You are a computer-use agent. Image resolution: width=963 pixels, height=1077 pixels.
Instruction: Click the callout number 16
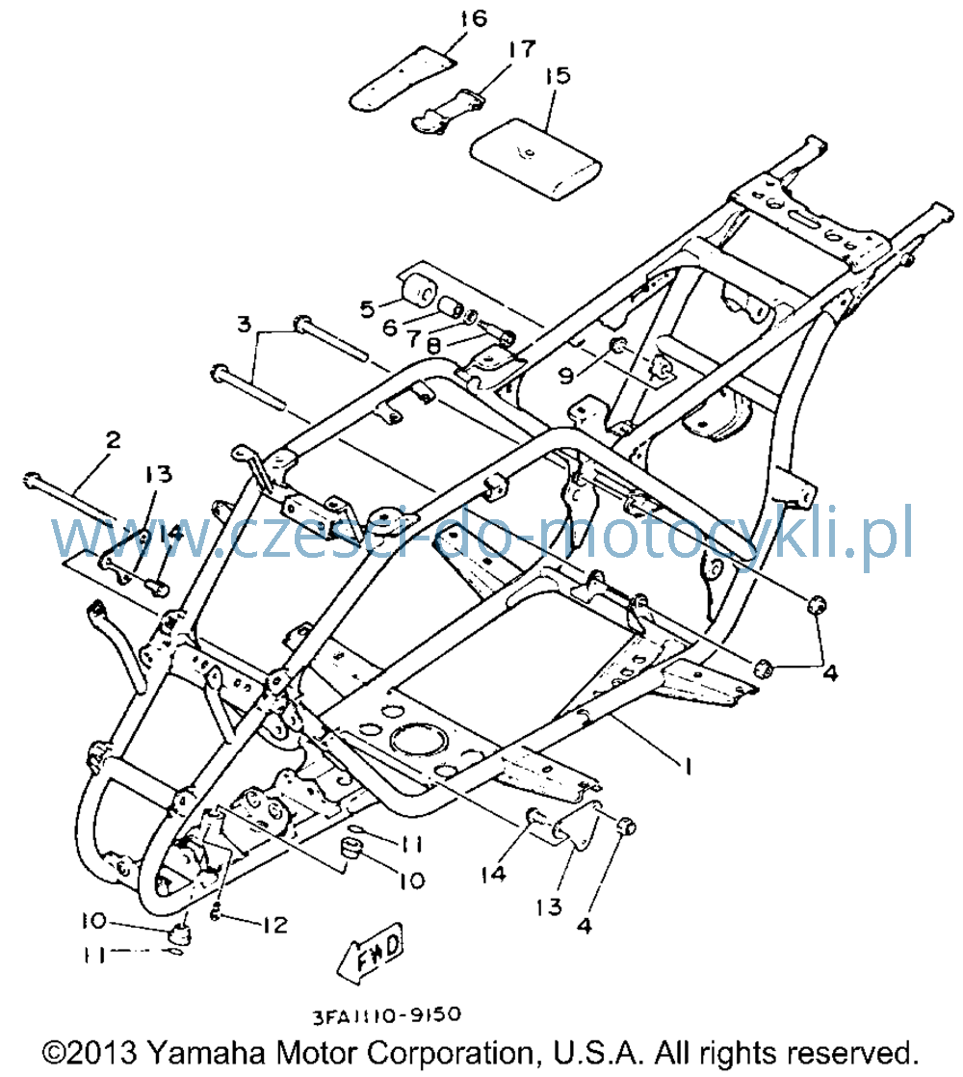tap(473, 18)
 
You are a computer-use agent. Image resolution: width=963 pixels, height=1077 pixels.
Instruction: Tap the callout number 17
tap(522, 49)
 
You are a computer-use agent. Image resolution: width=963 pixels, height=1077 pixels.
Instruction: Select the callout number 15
tap(558, 75)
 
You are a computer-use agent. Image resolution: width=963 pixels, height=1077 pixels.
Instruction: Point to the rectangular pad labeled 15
tap(535, 159)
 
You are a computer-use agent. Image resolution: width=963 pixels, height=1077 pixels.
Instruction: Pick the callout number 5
tap(368, 309)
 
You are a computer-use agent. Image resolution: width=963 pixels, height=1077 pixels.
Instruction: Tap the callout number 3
tap(245, 324)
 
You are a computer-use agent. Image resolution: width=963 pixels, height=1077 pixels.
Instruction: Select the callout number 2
tap(113, 439)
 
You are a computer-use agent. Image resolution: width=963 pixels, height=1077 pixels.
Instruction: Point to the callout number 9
tap(565, 375)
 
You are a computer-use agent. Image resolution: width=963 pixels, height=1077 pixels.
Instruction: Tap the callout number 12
tap(273, 925)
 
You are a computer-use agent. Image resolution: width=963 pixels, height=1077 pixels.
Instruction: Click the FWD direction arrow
tap(372, 952)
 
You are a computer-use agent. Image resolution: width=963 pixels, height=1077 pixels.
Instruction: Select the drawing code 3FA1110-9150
tap(387, 1014)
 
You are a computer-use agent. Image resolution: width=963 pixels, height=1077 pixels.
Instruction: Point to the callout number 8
tap(433, 346)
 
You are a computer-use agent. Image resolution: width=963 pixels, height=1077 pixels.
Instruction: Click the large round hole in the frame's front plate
tap(419, 741)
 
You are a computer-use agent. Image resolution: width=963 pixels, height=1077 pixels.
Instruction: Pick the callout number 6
tap(390, 328)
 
